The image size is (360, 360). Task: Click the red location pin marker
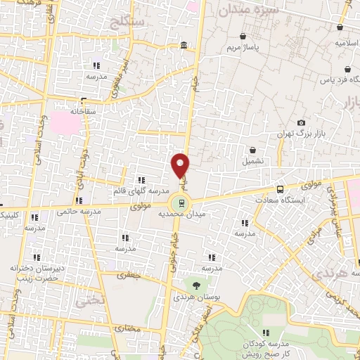click(x=181, y=165)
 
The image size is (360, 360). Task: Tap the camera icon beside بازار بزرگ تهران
click(x=302, y=123)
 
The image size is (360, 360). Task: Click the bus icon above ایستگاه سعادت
click(x=281, y=189)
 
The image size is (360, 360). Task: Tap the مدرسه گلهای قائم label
click(x=140, y=191)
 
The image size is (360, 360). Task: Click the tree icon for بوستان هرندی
click(x=196, y=284)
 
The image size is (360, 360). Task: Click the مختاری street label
click(x=128, y=328)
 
